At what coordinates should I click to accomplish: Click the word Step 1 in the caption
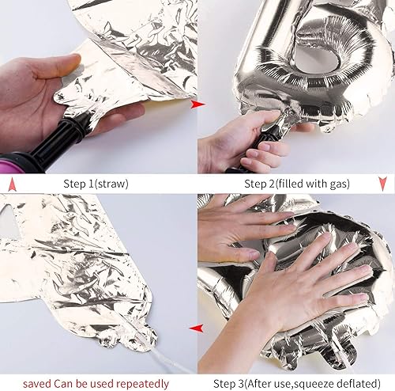[78, 184]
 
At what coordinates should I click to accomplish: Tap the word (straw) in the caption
[111, 184]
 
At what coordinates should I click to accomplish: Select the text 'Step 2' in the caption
[259, 184]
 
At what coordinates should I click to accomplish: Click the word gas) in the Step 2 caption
[340, 184]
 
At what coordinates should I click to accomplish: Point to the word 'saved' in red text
[37, 383]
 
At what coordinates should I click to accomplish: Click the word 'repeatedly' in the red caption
[142, 384]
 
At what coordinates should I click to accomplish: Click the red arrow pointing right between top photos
[197, 104]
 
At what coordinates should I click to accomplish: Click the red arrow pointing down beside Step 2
[382, 184]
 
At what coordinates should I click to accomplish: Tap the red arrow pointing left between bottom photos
[197, 328]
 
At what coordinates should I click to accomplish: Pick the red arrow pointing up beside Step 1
[13, 184]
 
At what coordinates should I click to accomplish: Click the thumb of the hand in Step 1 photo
[57, 66]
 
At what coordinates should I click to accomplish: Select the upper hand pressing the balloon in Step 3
[243, 230]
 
